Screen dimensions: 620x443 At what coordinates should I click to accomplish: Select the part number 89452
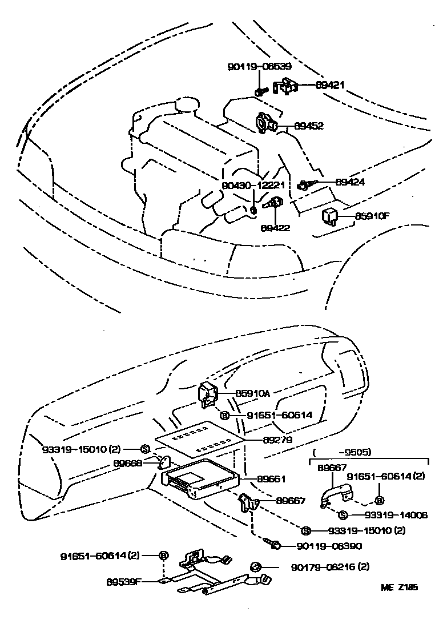309,126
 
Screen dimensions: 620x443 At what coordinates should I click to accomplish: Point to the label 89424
350,182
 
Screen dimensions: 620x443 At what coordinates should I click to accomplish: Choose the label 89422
275,228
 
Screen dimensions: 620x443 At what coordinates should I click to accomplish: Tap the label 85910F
372,216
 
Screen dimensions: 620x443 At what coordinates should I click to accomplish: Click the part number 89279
277,440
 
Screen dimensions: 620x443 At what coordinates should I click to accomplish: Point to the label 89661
271,479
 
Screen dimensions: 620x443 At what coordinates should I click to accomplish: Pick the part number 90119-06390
329,546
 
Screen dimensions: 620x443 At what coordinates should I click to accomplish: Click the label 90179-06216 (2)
330,567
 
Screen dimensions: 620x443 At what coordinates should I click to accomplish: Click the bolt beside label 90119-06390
274,544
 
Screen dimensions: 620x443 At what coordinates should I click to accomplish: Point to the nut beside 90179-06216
255,566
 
